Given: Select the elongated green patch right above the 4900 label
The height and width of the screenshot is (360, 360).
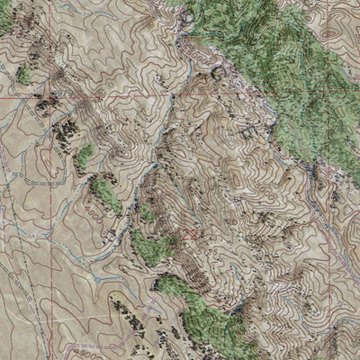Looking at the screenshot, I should click(x=106, y=191).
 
